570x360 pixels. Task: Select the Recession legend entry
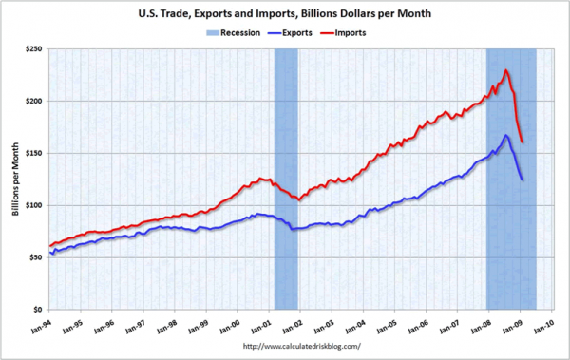pyautogui.click(x=236, y=32)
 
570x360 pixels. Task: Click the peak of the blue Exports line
pyautogui.click(x=507, y=136)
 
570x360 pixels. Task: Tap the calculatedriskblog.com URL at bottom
pyautogui.click(x=302, y=346)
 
